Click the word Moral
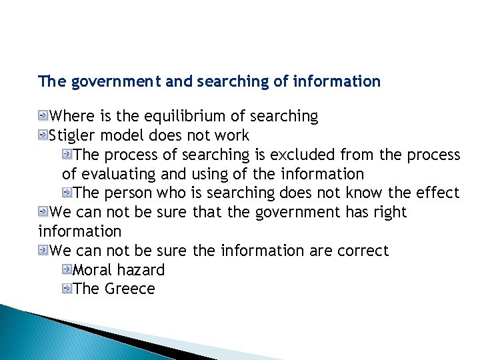[92, 270]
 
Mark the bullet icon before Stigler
[43, 135]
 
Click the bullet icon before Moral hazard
[67, 269]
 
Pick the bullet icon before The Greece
[67, 289]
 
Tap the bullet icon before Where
[43, 116]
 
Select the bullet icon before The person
[67, 193]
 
